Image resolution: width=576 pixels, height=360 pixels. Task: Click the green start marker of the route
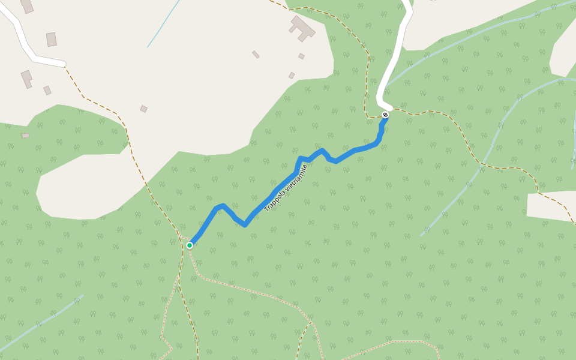tap(190, 245)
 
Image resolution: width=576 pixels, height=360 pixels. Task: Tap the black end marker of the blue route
tap(385, 115)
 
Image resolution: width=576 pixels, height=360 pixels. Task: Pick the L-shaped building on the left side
tap(26, 78)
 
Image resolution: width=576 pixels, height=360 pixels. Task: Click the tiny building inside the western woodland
tap(25, 136)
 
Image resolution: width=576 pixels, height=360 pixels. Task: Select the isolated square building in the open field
tap(143, 109)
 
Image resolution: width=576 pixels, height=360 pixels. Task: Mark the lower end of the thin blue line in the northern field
tap(148, 46)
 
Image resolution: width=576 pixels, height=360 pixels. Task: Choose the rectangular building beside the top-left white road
tap(52, 40)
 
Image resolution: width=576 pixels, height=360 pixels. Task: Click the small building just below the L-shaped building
tap(47, 91)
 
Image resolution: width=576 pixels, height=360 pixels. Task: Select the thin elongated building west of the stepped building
tap(256, 55)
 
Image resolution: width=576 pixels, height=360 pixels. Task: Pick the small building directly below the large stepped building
tap(301, 56)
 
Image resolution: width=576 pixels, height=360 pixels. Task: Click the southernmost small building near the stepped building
tap(292, 76)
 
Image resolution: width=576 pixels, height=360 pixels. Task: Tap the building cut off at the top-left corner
tap(26, 5)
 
